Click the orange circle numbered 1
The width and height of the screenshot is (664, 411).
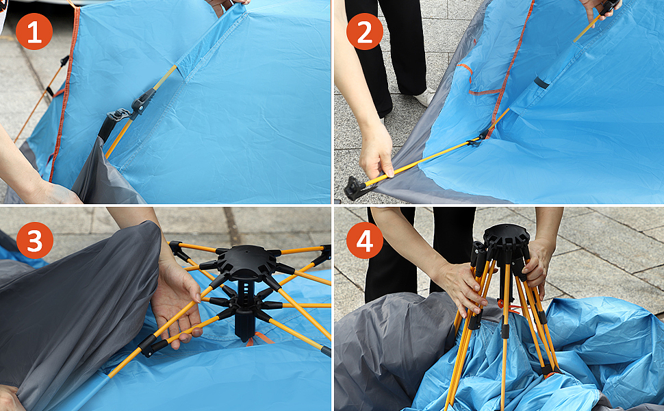pos(34,32)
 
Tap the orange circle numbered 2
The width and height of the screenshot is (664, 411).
pos(365,32)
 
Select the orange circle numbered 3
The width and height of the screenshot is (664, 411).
pos(35,240)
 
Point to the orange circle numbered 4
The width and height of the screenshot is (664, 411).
pos(365,240)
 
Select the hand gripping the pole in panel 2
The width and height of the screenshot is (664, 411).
pos(376,153)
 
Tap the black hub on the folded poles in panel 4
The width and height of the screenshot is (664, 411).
pos(506,240)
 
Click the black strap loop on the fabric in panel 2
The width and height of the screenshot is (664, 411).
pos(541,82)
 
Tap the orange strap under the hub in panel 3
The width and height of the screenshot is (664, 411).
pos(260,338)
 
